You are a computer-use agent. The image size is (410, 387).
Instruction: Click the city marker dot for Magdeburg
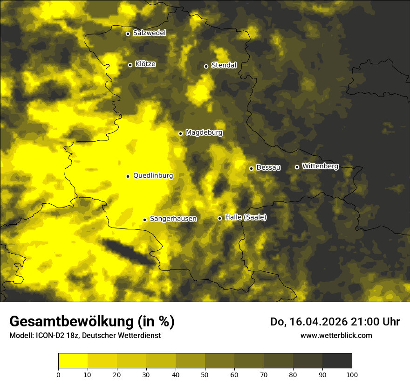pos(181,133)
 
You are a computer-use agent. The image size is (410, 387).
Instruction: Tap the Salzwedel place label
pos(149,33)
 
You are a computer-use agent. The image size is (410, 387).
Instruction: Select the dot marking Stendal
pos(206,66)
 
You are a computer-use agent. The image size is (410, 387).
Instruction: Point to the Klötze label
pos(145,64)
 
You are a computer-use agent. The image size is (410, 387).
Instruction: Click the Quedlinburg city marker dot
pos(128,176)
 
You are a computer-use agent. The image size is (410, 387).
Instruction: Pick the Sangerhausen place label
pos(173,219)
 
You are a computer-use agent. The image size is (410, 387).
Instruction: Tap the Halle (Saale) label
pos(246,217)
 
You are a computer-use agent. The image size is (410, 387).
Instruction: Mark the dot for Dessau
pos(251,168)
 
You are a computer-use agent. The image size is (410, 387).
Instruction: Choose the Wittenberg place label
pos(320,166)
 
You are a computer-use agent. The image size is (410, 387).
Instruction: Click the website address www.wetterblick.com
pos(336,335)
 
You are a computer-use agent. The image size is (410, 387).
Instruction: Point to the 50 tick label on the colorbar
pos(205,374)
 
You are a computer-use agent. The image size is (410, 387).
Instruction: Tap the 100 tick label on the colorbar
pos(352,374)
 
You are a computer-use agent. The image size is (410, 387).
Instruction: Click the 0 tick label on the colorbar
pos(58,374)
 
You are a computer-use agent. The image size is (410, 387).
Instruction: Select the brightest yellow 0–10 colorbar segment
pos(73,360)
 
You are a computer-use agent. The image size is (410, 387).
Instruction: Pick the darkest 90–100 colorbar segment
pos(337,360)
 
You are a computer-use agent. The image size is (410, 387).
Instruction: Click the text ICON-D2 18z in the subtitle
pos(52,336)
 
